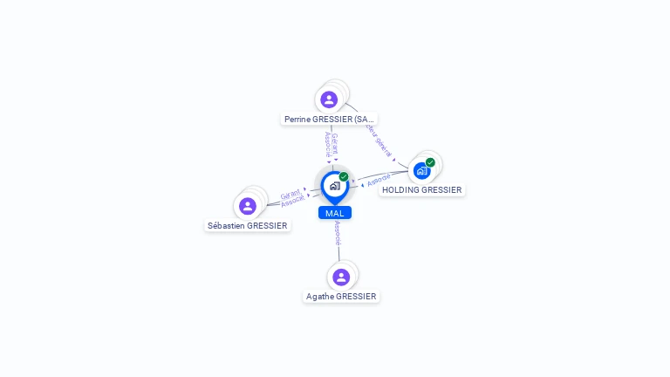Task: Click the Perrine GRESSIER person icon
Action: (329, 99)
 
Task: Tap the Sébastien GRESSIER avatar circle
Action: (248, 206)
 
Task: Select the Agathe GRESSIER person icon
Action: (341, 277)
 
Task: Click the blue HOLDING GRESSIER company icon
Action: (422, 170)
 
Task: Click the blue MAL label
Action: (335, 213)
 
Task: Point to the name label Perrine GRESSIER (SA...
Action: (329, 119)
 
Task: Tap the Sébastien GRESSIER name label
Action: (248, 225)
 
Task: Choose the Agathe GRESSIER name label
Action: (341, 296)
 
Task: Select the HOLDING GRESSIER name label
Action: (422, 189)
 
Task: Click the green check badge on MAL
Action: (344, 177)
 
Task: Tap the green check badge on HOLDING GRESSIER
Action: (430, 162)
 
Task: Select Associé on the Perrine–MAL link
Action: (328, 143)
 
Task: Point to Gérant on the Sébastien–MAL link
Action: (291, 194)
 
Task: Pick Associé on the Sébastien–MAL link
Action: (293, 201)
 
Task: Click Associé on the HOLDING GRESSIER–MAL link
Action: (379, 181)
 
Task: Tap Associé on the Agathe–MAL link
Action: (338, 232)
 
